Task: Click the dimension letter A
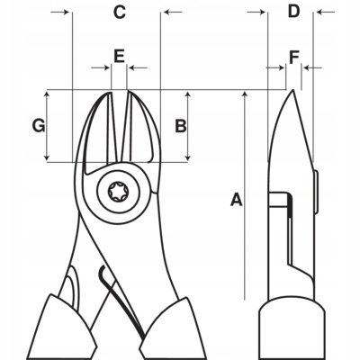tap(237, 199)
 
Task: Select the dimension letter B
tap(180, 126)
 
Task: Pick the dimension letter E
tap(119, 55)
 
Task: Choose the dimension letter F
tap(293, 55)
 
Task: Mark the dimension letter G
tap(38, 126)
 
